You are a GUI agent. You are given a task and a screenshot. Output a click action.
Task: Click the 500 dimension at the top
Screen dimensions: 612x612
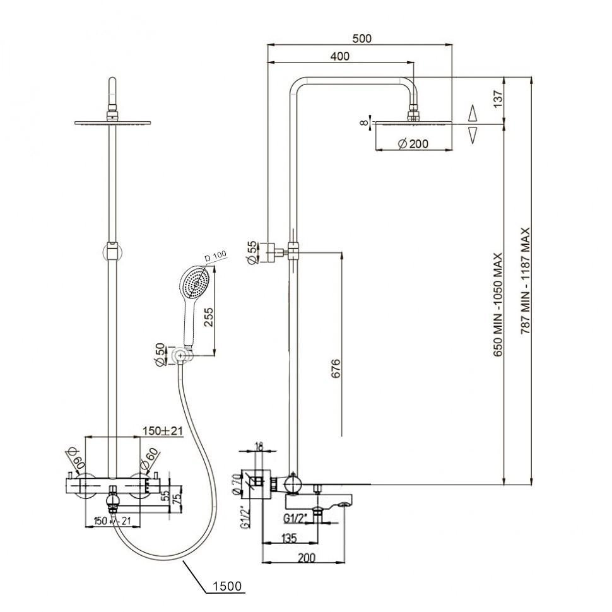pyautogui.click(x=362, y=38)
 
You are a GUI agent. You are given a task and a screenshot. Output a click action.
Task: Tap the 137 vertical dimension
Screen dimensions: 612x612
pyautogui.click(x=498, y=99)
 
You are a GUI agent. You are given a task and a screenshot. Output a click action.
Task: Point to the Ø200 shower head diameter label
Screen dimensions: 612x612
pyautogui.click(x=413, y=144)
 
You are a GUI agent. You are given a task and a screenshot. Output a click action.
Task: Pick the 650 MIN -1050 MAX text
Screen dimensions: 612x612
pyautogui.click(x=498, y=305)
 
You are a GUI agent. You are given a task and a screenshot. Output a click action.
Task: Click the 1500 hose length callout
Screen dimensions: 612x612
pyautogui.click(x=227, y=586)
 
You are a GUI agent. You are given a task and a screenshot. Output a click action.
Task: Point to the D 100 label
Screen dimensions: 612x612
pyautogui.click(x=216, y=258)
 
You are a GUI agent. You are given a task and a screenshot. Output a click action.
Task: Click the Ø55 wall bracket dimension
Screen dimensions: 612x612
pyautogui.click(x=252, y=253)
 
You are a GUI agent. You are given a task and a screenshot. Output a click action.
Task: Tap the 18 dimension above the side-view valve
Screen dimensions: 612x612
pyautogui.click(x=259, y=446)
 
